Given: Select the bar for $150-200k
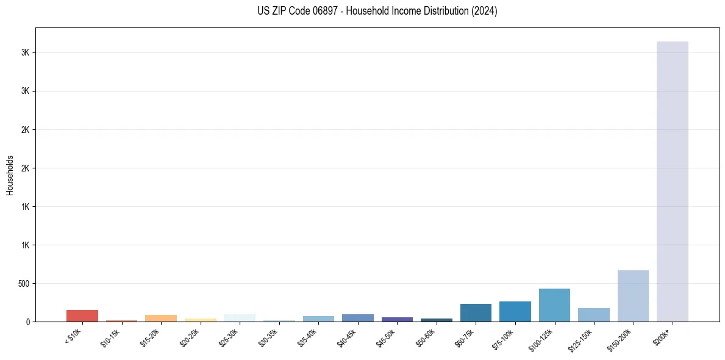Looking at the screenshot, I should point(633,296).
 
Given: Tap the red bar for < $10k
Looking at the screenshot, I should point(82,315).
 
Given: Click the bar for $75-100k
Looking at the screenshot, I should point(515,311).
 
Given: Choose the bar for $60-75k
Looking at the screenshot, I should point(476,312).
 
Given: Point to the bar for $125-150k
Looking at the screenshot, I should point(594,315).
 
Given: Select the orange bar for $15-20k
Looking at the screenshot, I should point(161,318).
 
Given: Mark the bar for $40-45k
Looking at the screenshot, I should point(358,318).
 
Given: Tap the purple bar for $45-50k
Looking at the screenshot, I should point(397,319).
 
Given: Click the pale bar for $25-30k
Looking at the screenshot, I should point(240,318).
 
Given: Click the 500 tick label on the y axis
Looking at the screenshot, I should point(23,284).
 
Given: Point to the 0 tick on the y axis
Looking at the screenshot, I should point(28,322).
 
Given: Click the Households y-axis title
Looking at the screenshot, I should point(10,175).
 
